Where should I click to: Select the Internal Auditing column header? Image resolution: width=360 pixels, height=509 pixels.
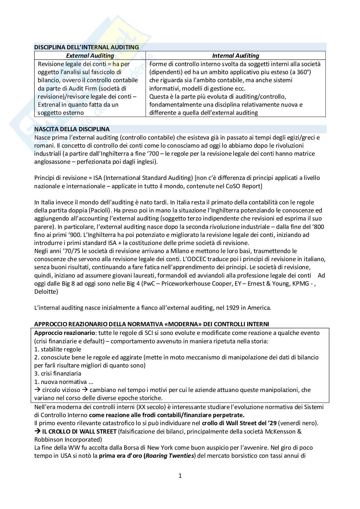pyautogui.click(x=235, y=55)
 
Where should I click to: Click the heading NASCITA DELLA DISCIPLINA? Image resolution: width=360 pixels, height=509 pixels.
pyautogui.click(x=72, y=130)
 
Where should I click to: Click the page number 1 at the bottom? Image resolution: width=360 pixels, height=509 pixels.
pyautogui.click(x=180, y=476)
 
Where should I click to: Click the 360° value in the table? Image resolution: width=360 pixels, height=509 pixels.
pyautogui.click(x=308, y=72)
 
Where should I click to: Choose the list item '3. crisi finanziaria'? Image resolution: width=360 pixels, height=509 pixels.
pyautogui.click(x=58, y=374)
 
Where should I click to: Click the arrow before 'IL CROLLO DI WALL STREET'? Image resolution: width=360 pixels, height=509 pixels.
pyautogui.click(x=37, y=431)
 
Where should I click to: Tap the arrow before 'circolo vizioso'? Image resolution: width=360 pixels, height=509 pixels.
pyautogui.click(x=37, y=390)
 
